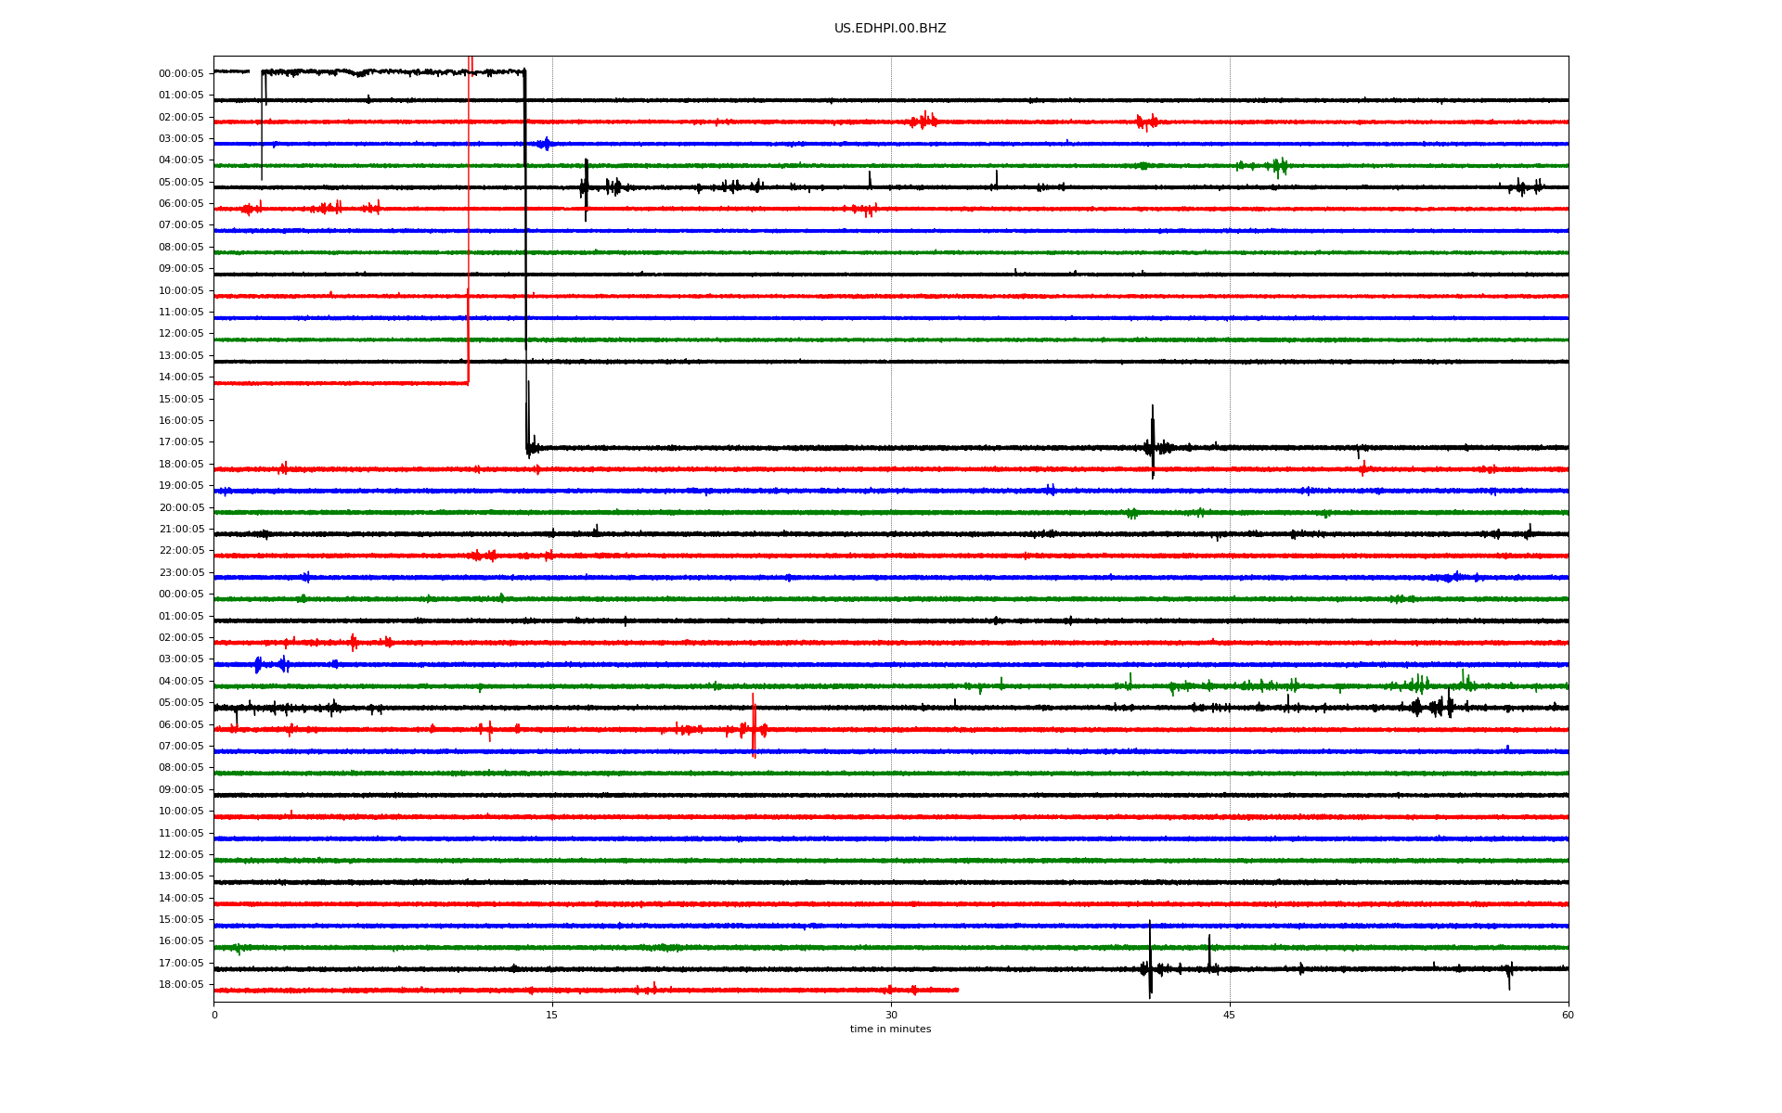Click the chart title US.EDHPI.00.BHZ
(x=890, y=29)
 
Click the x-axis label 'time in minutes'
(x=890, y=1029)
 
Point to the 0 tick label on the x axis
(x=214, y=1015)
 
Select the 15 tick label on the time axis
(x=552, y=1015)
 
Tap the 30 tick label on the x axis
(x=891, y=1015)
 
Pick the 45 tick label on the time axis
(x=1230, y=1015)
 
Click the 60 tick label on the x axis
(x=1568, y=1015)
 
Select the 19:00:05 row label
(x=181, y=486)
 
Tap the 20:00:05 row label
(x=181, y=507)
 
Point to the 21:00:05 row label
(x=181, y=530)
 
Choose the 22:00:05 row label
(x=181, y=551)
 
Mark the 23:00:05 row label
(x=181, y=573)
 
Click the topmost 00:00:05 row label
(x=181, y=73)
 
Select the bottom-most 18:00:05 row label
(x=181, y=985)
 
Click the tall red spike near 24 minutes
(x=754, y=726)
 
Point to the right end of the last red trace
(x=958, y=990)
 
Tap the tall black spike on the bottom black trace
(x=1150, y=960)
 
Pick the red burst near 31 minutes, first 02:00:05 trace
(x=923, y=120)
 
